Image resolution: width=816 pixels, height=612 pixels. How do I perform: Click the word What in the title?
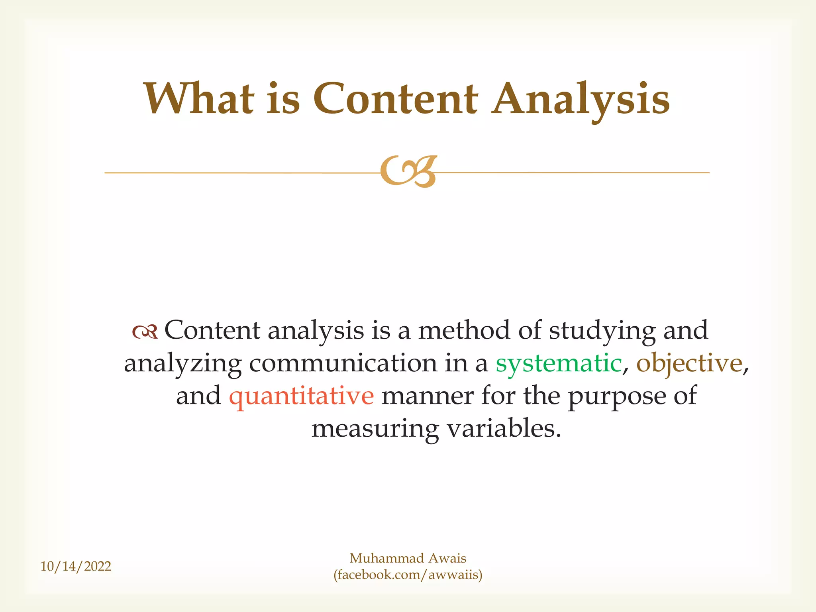(199, 98)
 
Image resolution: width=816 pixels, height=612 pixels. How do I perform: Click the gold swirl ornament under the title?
(408, 172)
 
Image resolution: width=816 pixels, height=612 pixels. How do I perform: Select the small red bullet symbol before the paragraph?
(145, 331)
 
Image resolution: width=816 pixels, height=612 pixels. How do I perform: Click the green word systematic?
(559, 363)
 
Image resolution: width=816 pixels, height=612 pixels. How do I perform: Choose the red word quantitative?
(301, 396)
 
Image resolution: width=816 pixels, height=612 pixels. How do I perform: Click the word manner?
(428, 396)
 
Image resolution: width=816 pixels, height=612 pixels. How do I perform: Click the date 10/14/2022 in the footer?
(76, 566)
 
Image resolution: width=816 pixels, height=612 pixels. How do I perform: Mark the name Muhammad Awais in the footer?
(408, 558)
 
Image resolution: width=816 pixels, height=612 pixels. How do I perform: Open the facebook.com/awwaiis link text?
(408, 575)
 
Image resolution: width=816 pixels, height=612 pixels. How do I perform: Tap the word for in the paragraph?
(498, 396)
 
